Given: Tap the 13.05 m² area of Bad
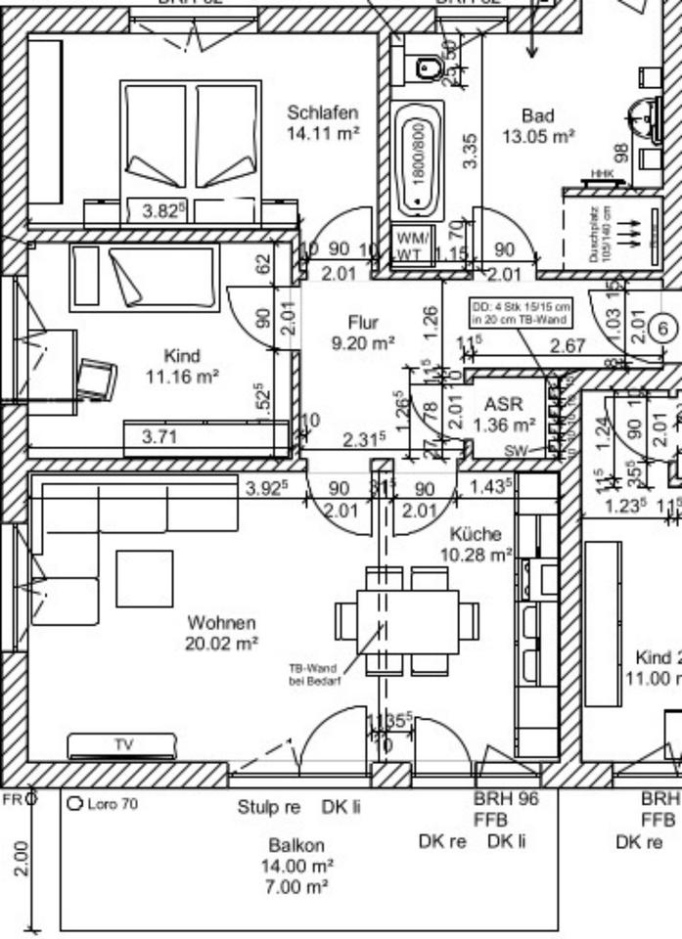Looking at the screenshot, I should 537,138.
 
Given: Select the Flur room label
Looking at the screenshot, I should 362,322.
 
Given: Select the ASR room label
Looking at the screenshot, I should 504,404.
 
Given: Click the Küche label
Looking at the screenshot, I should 476,534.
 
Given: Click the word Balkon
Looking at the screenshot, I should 296,845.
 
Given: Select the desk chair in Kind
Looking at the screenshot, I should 96,378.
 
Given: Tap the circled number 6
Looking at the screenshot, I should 662,329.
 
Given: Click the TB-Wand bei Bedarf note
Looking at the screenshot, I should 313,675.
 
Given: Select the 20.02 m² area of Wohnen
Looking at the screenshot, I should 221,643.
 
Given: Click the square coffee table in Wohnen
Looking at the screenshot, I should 144,578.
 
